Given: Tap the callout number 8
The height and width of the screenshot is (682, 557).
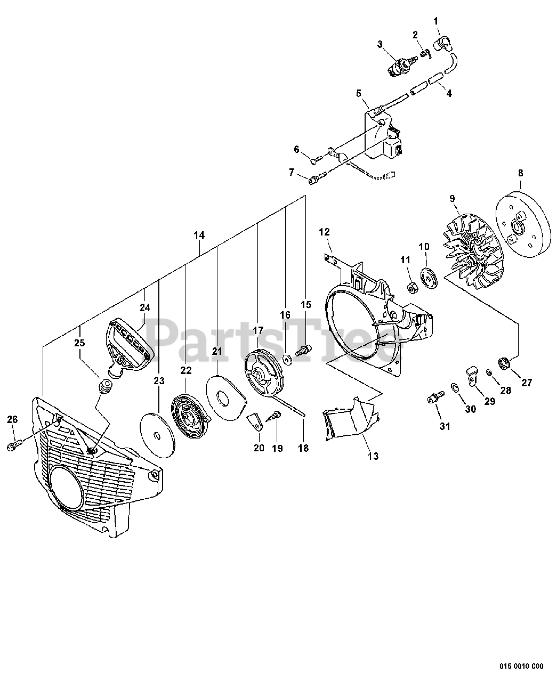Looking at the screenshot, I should pyautogui.click(x=520, y=173).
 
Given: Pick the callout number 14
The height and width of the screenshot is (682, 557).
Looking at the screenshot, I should pyautogui.click(x=199, y=235).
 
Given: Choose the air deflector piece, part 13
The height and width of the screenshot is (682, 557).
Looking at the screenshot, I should pyautogui.click(x=349, y=418).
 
